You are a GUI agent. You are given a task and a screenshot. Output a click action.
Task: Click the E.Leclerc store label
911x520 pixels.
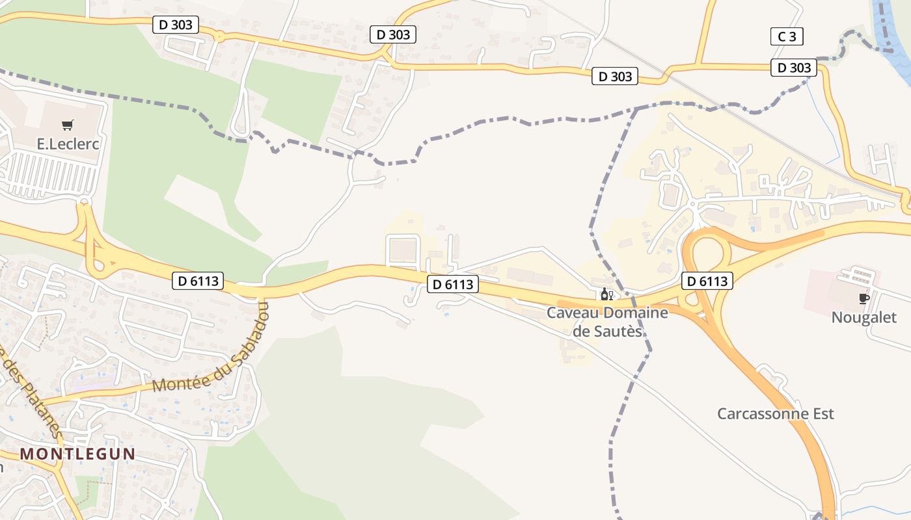click(x=68, y=144)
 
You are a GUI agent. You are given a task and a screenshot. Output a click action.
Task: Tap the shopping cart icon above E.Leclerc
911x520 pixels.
click(x=68, y=125)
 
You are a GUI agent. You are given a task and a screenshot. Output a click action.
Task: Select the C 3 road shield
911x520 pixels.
click(x=787, y=36)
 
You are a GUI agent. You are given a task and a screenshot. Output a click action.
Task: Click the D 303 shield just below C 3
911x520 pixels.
click(x=794, y=68)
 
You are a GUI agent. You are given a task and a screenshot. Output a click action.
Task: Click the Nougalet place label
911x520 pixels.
click(x=864, y=318)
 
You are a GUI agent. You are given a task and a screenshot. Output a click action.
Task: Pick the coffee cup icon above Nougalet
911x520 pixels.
click(x=863, y=298)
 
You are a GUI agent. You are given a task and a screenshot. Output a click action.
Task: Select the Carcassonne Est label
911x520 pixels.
click(x=775, y=414)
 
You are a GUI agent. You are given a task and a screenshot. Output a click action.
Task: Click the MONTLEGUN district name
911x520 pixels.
click(x=77, y=454)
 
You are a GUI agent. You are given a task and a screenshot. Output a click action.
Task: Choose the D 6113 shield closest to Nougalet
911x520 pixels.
click(x=707, y=281)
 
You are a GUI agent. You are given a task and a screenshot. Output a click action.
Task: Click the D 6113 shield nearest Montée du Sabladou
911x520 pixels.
click(x=198, y=281)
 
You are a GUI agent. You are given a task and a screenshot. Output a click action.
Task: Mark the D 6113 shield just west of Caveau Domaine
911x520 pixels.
click(x=453, y=284)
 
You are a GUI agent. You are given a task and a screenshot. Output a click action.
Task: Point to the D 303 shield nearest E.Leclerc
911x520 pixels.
click(x=176, y=25)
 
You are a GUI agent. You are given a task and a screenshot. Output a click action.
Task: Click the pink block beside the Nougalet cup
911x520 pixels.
click(x=826, y=289)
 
